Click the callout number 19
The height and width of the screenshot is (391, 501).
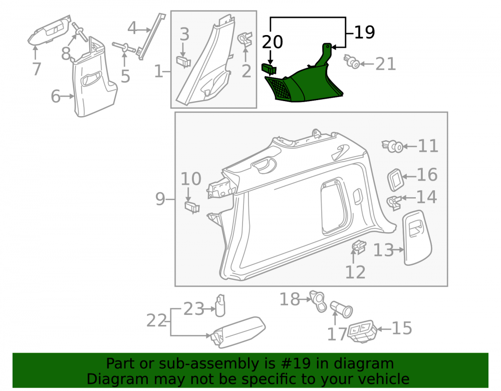pyautogui.click(x=365, y=32)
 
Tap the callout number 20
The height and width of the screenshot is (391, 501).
pyautogui.click(x=273, y=42)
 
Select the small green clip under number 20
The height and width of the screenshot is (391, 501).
pyautogui.click(x=269, y=68)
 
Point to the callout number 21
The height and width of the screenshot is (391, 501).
pyautogui.click(x=386, y=64)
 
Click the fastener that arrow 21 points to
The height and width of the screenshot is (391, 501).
pyautogui.click(x=352, y=62)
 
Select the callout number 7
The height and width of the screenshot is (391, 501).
pyautogui.click(x=37, y=69)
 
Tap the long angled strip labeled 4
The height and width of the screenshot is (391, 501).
pyautogui.click(x=150, y=37)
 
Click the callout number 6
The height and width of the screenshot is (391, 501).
pyautogui.click(x=56, y=96)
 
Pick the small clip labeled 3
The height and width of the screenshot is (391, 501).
pyautogui.click(x=183, y=61)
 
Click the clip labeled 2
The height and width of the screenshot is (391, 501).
pyautogui.click(x=245, y=39)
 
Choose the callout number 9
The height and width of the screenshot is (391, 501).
pyautogui.click(x=160, y=199)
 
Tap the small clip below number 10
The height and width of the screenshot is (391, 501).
pyautogui.click(x=192, y=207)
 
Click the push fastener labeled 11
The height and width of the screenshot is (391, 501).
pyautogui.click(x=393, y=146)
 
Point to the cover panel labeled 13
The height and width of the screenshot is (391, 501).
pyautogui.click(x=417, y=238)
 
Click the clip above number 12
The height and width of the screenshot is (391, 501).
pyautogui.click(x=359, y=246)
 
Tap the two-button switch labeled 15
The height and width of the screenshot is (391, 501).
pyautogui.click(x=362, y=331)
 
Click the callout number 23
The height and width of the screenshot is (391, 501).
pyautogui.click(x=193, y=309)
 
